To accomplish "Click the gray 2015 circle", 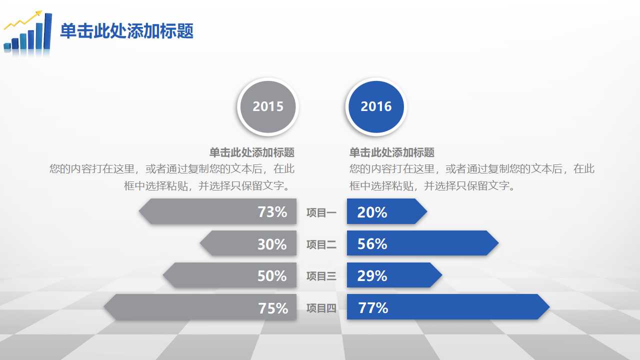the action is click(268, 106).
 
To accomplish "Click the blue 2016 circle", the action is click(376, 106).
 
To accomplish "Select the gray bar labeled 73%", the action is click(217, 211).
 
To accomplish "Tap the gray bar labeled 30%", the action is click(248, 243).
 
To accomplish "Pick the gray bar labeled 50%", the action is click(229, 275).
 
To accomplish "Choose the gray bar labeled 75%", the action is click(200, 307).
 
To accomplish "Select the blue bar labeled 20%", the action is click(387, 211).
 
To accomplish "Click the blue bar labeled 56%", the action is click(423, 243).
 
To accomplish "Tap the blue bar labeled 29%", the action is click(394, 275).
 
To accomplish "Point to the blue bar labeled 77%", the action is click(448, 307).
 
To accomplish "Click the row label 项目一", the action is click(321, 213).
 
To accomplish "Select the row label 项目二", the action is click(321, 245).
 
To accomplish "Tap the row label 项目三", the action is click(321, 276).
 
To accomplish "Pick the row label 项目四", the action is click(321, 308).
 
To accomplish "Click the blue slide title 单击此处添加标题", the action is click(127, 31).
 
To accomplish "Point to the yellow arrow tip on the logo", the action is click(41, 11).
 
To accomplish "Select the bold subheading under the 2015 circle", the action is click(252, 152).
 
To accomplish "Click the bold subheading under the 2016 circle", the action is click(391, 152).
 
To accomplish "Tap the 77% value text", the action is click(373, 307).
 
